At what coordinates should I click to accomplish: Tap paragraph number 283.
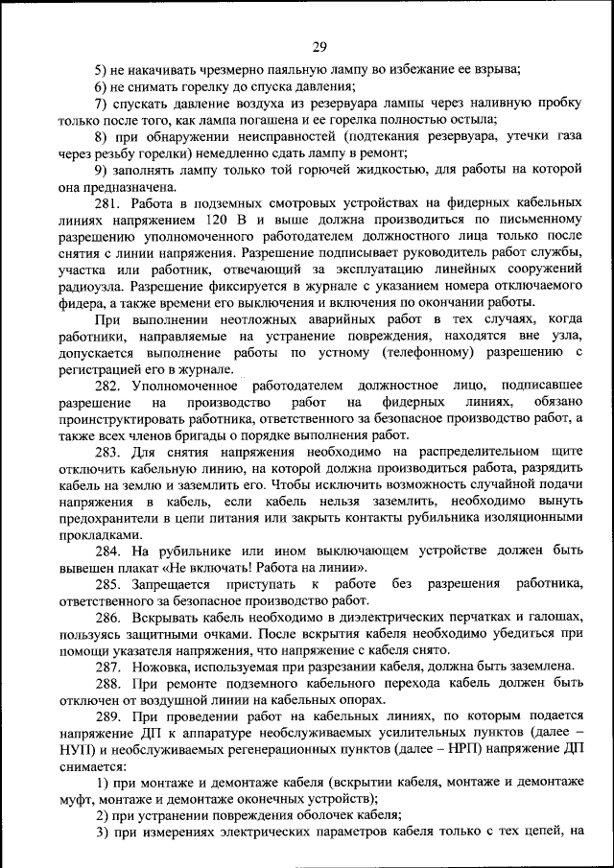click(108, 449)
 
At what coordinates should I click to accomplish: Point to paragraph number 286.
click(108, 619)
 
